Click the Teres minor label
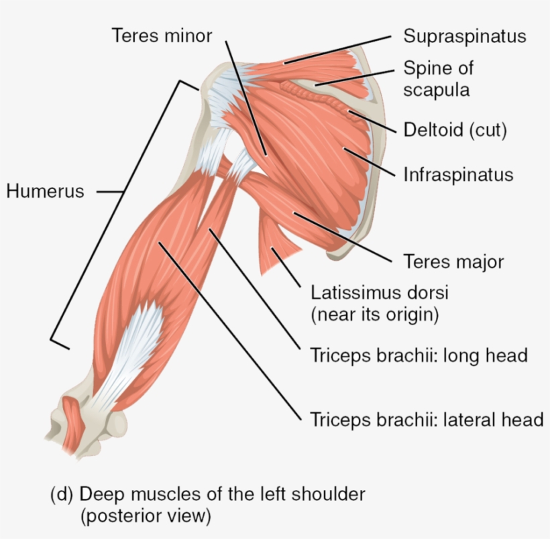coord(162,36)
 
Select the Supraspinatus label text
coord(465,36)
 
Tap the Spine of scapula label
coord(438,78)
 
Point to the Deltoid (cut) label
coord(455,130)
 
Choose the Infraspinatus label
coord(458,174)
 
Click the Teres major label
coord(453,261)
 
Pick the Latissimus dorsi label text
coord(380,292)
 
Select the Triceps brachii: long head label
coord(419,355)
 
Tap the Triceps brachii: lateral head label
coord(427,420)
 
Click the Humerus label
coord(45,192)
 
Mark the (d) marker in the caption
coord(62,495)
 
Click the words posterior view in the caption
coord(146,516)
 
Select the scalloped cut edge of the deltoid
coord(319,97)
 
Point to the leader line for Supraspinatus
coord(337,50)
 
